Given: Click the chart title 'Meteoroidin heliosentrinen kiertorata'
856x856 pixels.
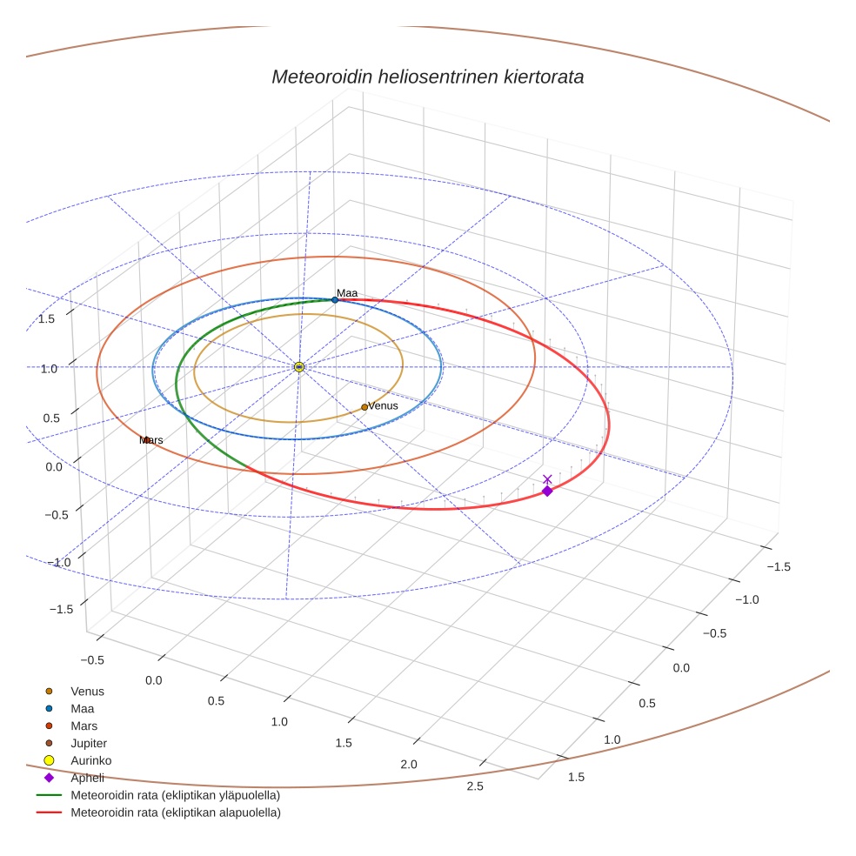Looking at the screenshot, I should [x=427, y=77].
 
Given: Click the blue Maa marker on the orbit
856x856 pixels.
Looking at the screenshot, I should [x=335, y=300].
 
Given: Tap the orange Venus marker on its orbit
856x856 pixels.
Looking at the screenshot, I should [x=364, y=407].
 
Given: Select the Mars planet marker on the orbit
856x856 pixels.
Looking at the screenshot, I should [x=147, y=440].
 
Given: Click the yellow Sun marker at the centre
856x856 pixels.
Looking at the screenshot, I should [x=299, y=367].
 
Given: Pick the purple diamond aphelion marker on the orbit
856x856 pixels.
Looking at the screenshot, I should [x=547, y=492].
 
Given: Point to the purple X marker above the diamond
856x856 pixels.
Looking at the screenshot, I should [x=547, y=479].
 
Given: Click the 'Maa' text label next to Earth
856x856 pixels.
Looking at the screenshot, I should [x=347, y=293].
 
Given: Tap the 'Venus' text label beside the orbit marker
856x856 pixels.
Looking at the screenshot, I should [x=383, y=406].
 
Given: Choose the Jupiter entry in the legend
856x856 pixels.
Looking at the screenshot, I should [x=89, y=743].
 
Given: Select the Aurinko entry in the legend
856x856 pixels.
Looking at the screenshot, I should [x=90, y=760].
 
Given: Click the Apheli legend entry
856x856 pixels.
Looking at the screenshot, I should [x=87, y=778].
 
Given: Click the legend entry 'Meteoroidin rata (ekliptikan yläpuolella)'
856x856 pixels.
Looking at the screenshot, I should [x=175, y=795].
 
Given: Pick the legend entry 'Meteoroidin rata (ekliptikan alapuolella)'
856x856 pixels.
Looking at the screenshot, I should [x=175, y=813].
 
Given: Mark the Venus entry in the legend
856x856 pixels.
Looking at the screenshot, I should [x=87, y=692].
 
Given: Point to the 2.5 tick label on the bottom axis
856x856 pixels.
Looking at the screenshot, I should [x=475, y=786].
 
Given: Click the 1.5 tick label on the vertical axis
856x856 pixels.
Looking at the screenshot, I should [x=47, y=319].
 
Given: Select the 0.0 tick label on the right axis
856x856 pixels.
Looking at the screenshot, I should [x=681, y=668].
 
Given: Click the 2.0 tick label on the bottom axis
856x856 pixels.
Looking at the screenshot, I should [x=408, y=765].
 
